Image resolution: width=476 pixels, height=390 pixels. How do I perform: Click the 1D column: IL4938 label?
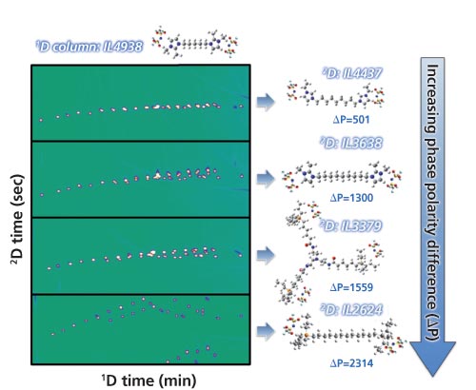(89, 47)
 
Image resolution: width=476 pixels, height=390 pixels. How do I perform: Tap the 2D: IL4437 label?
(352, 73)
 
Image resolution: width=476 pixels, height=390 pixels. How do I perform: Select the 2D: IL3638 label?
(351, 143)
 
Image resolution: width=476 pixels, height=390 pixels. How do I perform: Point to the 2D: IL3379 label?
(350, 226)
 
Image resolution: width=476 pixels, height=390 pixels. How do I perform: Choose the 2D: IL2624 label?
(351, 309)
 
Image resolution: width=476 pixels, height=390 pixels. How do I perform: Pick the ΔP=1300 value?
(351, 198)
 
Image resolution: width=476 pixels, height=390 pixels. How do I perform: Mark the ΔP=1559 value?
(351, 287)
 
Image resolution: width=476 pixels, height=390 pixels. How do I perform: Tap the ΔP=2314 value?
(351, 363)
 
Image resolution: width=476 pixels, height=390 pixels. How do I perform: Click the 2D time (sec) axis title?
(18, 220)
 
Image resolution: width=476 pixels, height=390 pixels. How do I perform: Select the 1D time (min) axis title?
(149, 380)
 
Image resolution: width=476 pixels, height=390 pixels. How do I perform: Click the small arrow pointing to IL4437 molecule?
(266, 102)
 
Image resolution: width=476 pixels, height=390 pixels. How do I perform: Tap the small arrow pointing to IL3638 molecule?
(266, 179)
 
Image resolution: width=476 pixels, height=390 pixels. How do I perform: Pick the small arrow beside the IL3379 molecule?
(266, 255)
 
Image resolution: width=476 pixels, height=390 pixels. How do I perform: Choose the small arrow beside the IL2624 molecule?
(266, 332)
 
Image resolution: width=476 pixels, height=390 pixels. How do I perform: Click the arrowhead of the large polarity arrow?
(433, 359)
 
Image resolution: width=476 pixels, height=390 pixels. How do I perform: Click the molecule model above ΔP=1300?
(342, 176)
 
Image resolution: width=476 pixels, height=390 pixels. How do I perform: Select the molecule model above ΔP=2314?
(345, 336)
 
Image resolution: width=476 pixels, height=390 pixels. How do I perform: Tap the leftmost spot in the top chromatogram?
(41, 120)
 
